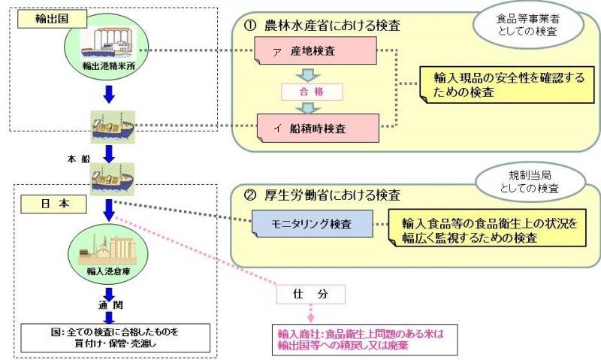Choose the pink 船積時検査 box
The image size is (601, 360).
(x=315, y=128)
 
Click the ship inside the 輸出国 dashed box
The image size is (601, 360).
(x=111, y=126)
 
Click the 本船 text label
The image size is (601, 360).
(x=77, y=159)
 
